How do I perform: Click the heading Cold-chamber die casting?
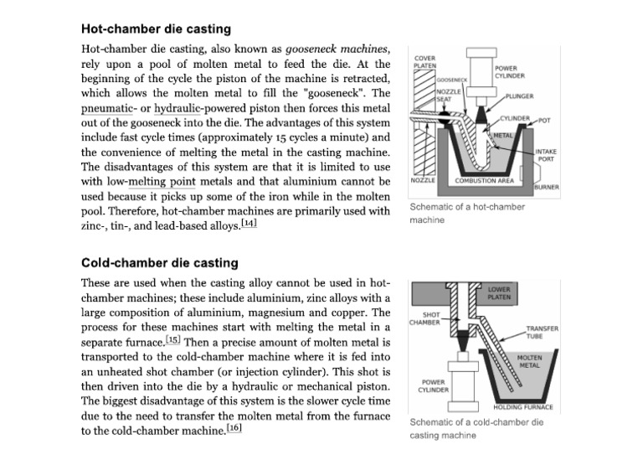(159, 263)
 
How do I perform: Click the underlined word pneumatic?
(112, 110)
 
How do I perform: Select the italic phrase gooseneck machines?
(341, 49)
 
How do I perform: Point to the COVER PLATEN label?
(425, 60)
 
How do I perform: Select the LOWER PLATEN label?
(502, 292)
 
